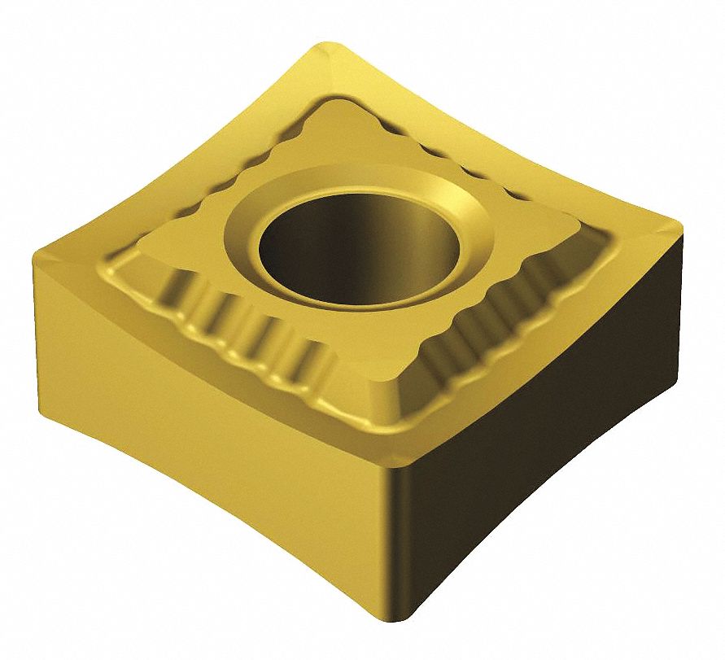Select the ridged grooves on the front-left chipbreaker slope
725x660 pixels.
tap(244, 334)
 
